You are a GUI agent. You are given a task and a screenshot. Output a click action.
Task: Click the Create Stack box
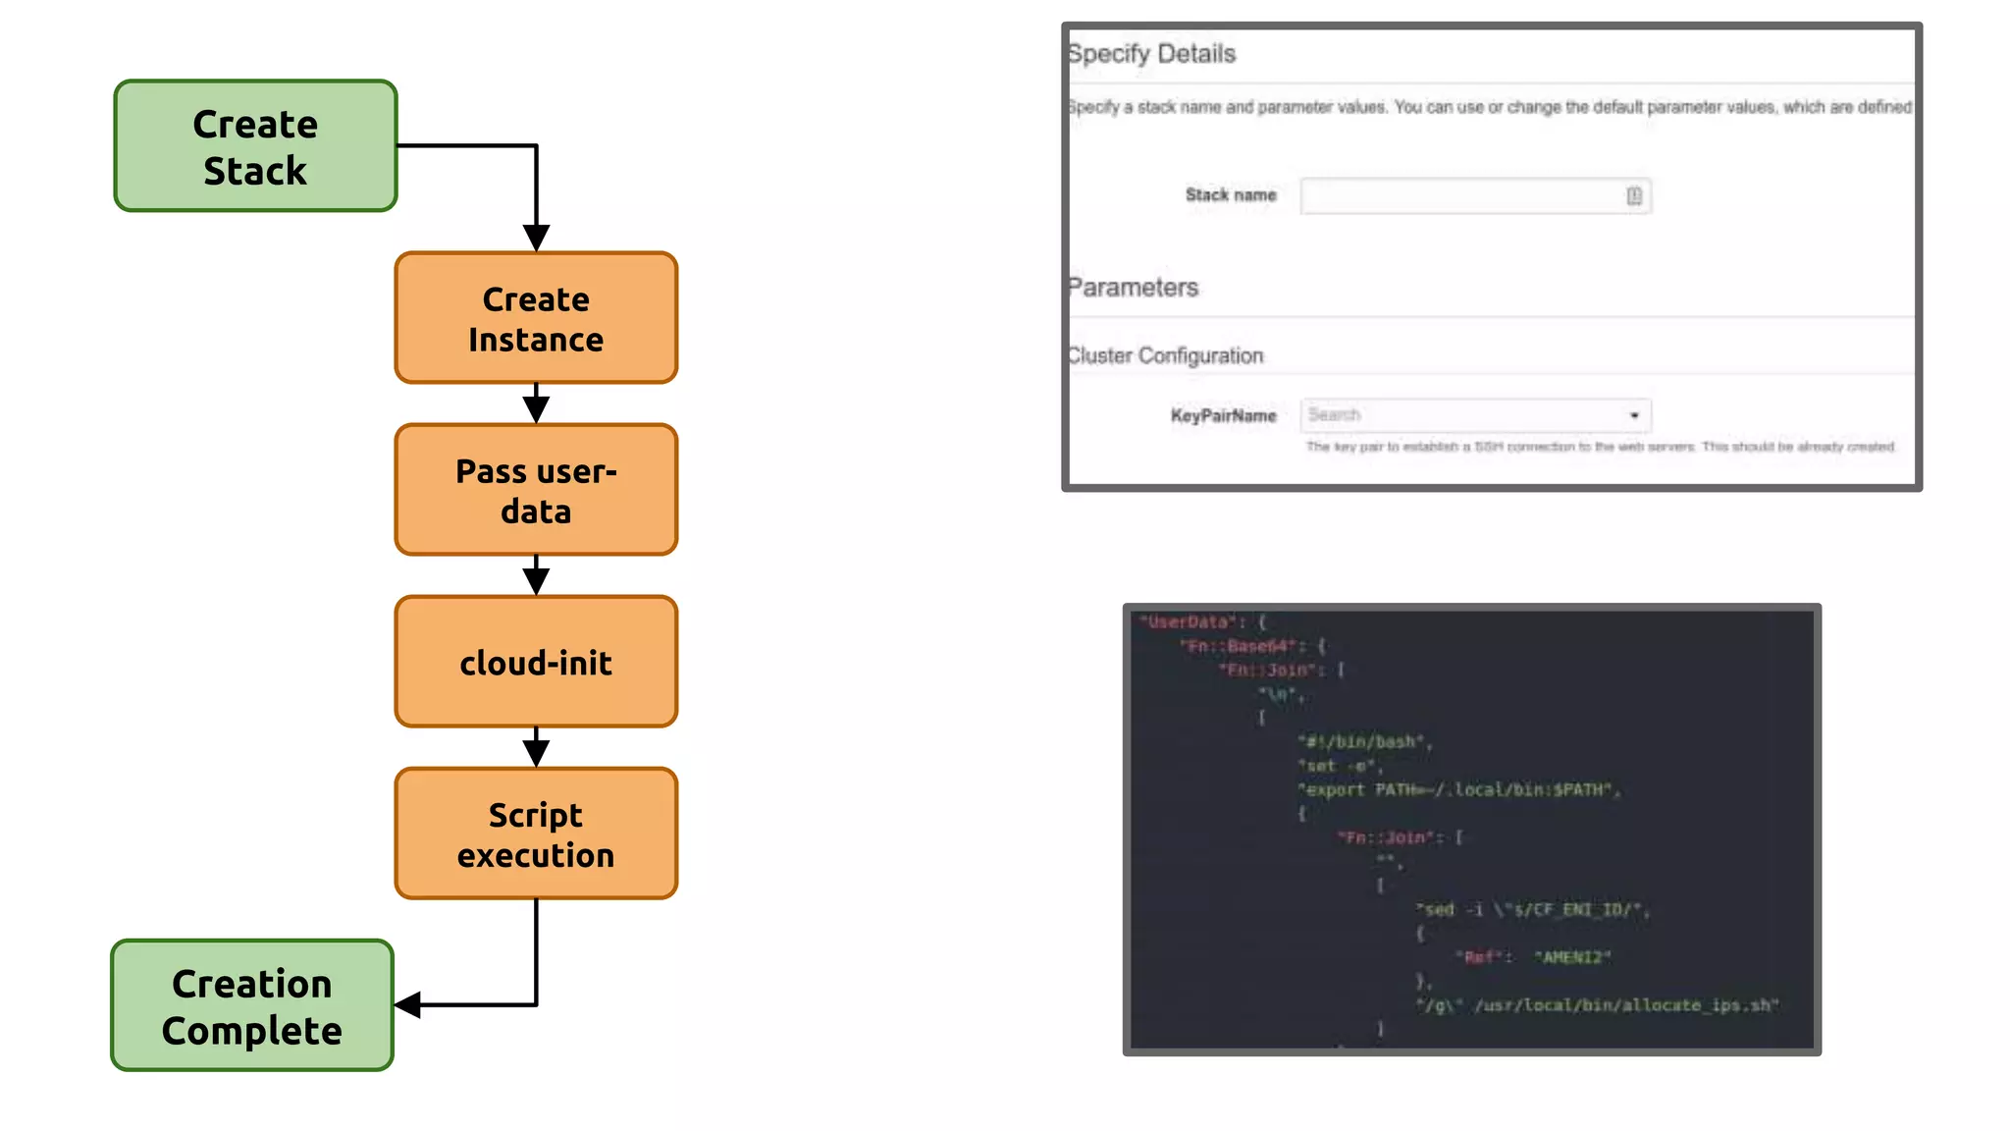click(255, 146)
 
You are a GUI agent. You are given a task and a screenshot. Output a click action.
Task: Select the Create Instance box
click(536, 318)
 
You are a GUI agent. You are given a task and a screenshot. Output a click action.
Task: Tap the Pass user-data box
click(536, 490)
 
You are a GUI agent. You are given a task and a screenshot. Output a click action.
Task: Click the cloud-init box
click(536, 662)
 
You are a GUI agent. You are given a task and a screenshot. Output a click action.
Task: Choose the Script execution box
click(536, 834)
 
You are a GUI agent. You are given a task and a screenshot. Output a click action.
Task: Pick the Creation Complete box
click(252, 1005)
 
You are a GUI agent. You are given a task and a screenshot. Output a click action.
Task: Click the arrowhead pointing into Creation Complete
click(408, 1004)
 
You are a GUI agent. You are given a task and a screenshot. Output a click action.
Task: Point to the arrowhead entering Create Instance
click(536, 238)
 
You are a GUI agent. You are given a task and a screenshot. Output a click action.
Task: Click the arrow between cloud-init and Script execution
click(536, 748)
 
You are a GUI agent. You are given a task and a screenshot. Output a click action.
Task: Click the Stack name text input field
click(1462, 195)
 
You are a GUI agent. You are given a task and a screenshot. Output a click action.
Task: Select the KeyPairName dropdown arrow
click(1634, 415)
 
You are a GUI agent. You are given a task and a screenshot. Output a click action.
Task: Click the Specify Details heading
click(1151, 54)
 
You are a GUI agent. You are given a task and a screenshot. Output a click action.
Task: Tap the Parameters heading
click(1133, 288)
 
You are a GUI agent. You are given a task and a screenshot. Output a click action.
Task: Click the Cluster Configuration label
click(1165, 355)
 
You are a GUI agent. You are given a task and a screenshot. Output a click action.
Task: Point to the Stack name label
click(1231, 195)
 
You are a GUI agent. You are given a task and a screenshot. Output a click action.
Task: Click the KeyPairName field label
click(1223, 416)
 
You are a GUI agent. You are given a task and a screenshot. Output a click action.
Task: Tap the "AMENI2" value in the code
click(1572, 957)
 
